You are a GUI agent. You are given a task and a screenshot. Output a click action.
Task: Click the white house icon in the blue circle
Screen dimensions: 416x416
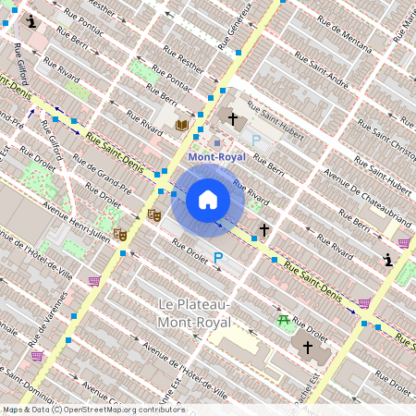(208, 199)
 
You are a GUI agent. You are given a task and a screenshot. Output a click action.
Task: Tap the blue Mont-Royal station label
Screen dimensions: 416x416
(217, 157)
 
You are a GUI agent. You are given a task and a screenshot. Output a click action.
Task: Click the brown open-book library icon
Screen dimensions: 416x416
(182, 125)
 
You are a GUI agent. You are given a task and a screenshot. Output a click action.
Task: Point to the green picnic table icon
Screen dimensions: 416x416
(283, 320)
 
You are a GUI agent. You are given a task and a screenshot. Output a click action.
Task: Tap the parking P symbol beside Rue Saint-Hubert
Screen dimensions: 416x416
(256, 140)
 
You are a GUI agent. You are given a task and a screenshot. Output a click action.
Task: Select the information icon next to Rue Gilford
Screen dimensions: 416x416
(32, 20)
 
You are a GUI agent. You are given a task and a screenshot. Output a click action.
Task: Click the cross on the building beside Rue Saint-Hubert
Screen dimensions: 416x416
(234, 118)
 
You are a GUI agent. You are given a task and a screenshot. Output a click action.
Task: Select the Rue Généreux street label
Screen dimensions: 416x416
(237, 25)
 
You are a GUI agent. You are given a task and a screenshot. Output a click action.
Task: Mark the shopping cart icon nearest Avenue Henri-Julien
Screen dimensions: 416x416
(93, 280)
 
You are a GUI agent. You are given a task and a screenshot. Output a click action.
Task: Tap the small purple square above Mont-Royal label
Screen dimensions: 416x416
(217, 143)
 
